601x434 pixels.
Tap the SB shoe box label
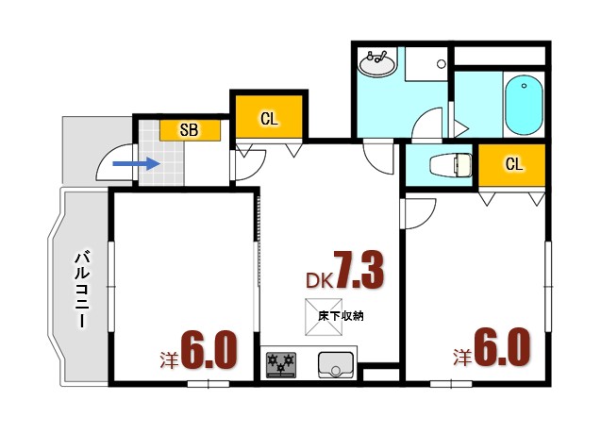tap(190, 130)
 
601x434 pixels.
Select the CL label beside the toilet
tap(513, 164)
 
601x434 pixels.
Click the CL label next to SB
tap(269, 118)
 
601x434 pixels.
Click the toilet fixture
tap(449, 166)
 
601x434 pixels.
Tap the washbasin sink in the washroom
tap(379, 66)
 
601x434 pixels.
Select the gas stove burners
tap(281, 362)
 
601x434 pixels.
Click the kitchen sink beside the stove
tap(335, 362)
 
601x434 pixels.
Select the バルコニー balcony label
tap(83, 288)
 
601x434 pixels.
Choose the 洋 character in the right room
tap(462, 358)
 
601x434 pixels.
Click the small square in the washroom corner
tap(441, 63)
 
